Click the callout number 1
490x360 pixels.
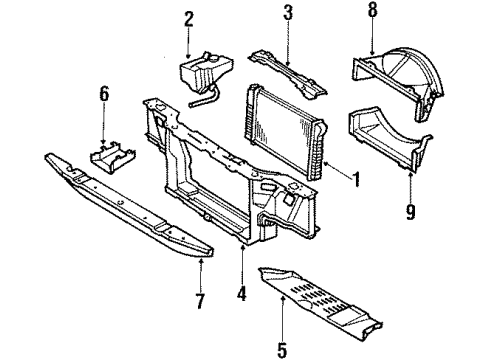point(355,181)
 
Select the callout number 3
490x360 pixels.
point(287,13)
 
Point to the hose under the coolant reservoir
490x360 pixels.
point(204,98)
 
